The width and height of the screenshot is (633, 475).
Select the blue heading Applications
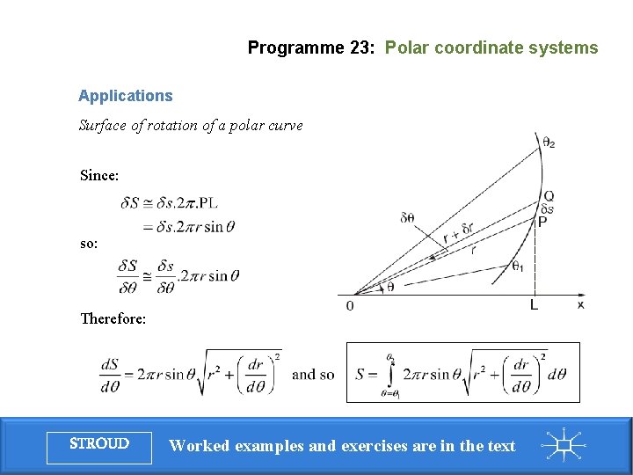point(125,96)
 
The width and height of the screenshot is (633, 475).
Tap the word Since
point(98,175)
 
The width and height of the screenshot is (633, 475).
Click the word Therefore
point(113,318)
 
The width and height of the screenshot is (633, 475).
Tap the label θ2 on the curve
point(549,142)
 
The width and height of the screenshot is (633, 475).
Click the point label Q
point(549,196)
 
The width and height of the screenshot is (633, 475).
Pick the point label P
point(543,223)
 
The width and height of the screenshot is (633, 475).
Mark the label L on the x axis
point(534,305)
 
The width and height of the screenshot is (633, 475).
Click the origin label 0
point(350,305)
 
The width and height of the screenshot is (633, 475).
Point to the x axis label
point(580,304)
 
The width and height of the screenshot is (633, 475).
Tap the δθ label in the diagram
point(407,217)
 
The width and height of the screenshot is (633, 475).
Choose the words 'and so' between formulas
point(313,374)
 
